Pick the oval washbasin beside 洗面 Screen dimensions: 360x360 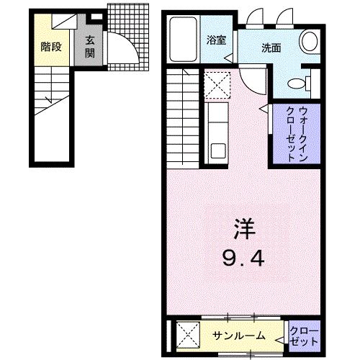point(310,42)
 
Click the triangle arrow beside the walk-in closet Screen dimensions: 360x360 point(264,110)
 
